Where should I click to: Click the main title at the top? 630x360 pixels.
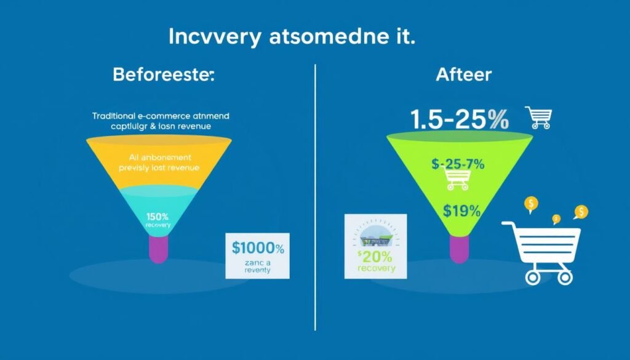[291, 36]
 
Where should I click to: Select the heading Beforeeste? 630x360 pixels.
[164, 76]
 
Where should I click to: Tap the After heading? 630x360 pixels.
[463, 74]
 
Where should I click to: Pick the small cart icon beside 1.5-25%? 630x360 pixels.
[538, 117]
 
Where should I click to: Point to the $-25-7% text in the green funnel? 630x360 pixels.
[458, 164]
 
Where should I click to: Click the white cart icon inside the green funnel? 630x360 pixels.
[457, 180]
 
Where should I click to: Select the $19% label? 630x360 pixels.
[461, 210]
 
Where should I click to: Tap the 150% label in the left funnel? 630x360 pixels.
[158, 217]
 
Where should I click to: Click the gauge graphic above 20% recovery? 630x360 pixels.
[375, 236]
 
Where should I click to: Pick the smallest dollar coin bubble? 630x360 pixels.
[556, 218]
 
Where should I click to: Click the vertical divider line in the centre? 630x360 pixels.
[315, 197]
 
